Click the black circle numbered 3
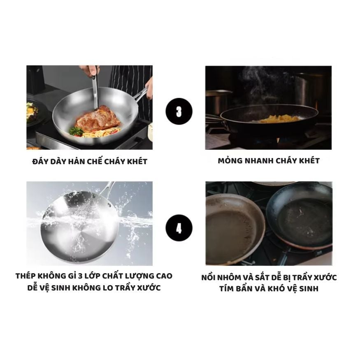click(x=179, y=111)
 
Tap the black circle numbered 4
click(x=179, y=228)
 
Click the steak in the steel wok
click(x=98, y=119)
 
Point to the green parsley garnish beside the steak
click(x=76, y=131)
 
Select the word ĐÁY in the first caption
click(x=40, y=161)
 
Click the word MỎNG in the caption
click(x=230, y=161)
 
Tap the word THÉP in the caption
click(x=25, y=276)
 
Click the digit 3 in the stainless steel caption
click(x=80, y=276)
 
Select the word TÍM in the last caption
click(x=226, y=288)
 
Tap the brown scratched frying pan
click(x=234, y=230)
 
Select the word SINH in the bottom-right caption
click(x=309, y=288)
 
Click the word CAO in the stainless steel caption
click(x=164, y=276)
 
